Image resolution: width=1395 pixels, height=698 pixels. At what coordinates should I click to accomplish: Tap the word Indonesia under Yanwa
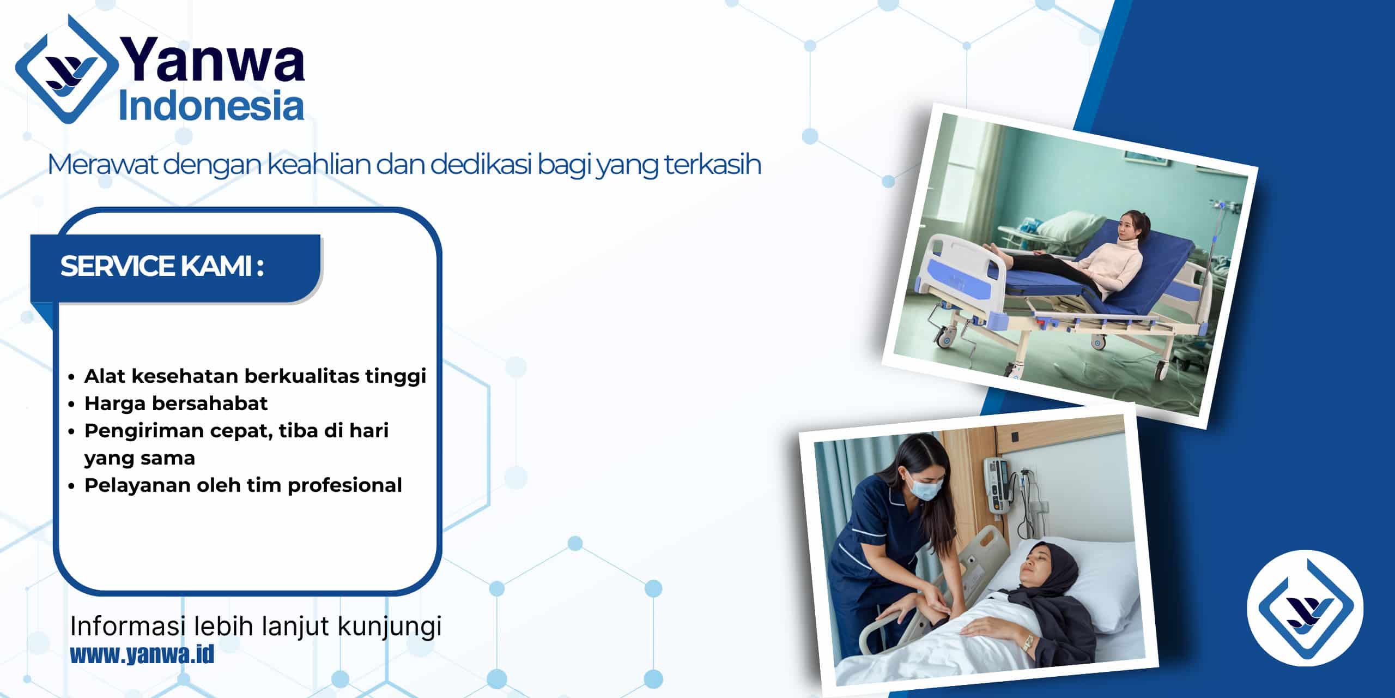point(211,106)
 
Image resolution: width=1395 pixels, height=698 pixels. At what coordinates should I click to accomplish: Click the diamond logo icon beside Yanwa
point(66,70)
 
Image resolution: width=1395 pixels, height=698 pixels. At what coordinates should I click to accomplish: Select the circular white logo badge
point(1305,608)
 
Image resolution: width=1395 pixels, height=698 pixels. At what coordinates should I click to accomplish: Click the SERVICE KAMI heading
point(162,266)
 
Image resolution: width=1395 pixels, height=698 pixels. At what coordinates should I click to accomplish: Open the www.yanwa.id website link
point(142,654)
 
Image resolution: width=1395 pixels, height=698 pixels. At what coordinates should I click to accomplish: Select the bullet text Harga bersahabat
point(176,403)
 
